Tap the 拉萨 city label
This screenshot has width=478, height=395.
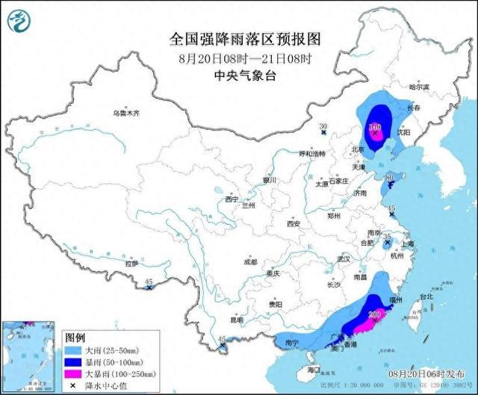point(131,264)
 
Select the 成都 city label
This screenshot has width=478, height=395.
point(249,261)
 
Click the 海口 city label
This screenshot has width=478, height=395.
point(313,370)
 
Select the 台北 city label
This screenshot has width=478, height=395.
point(426,296)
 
